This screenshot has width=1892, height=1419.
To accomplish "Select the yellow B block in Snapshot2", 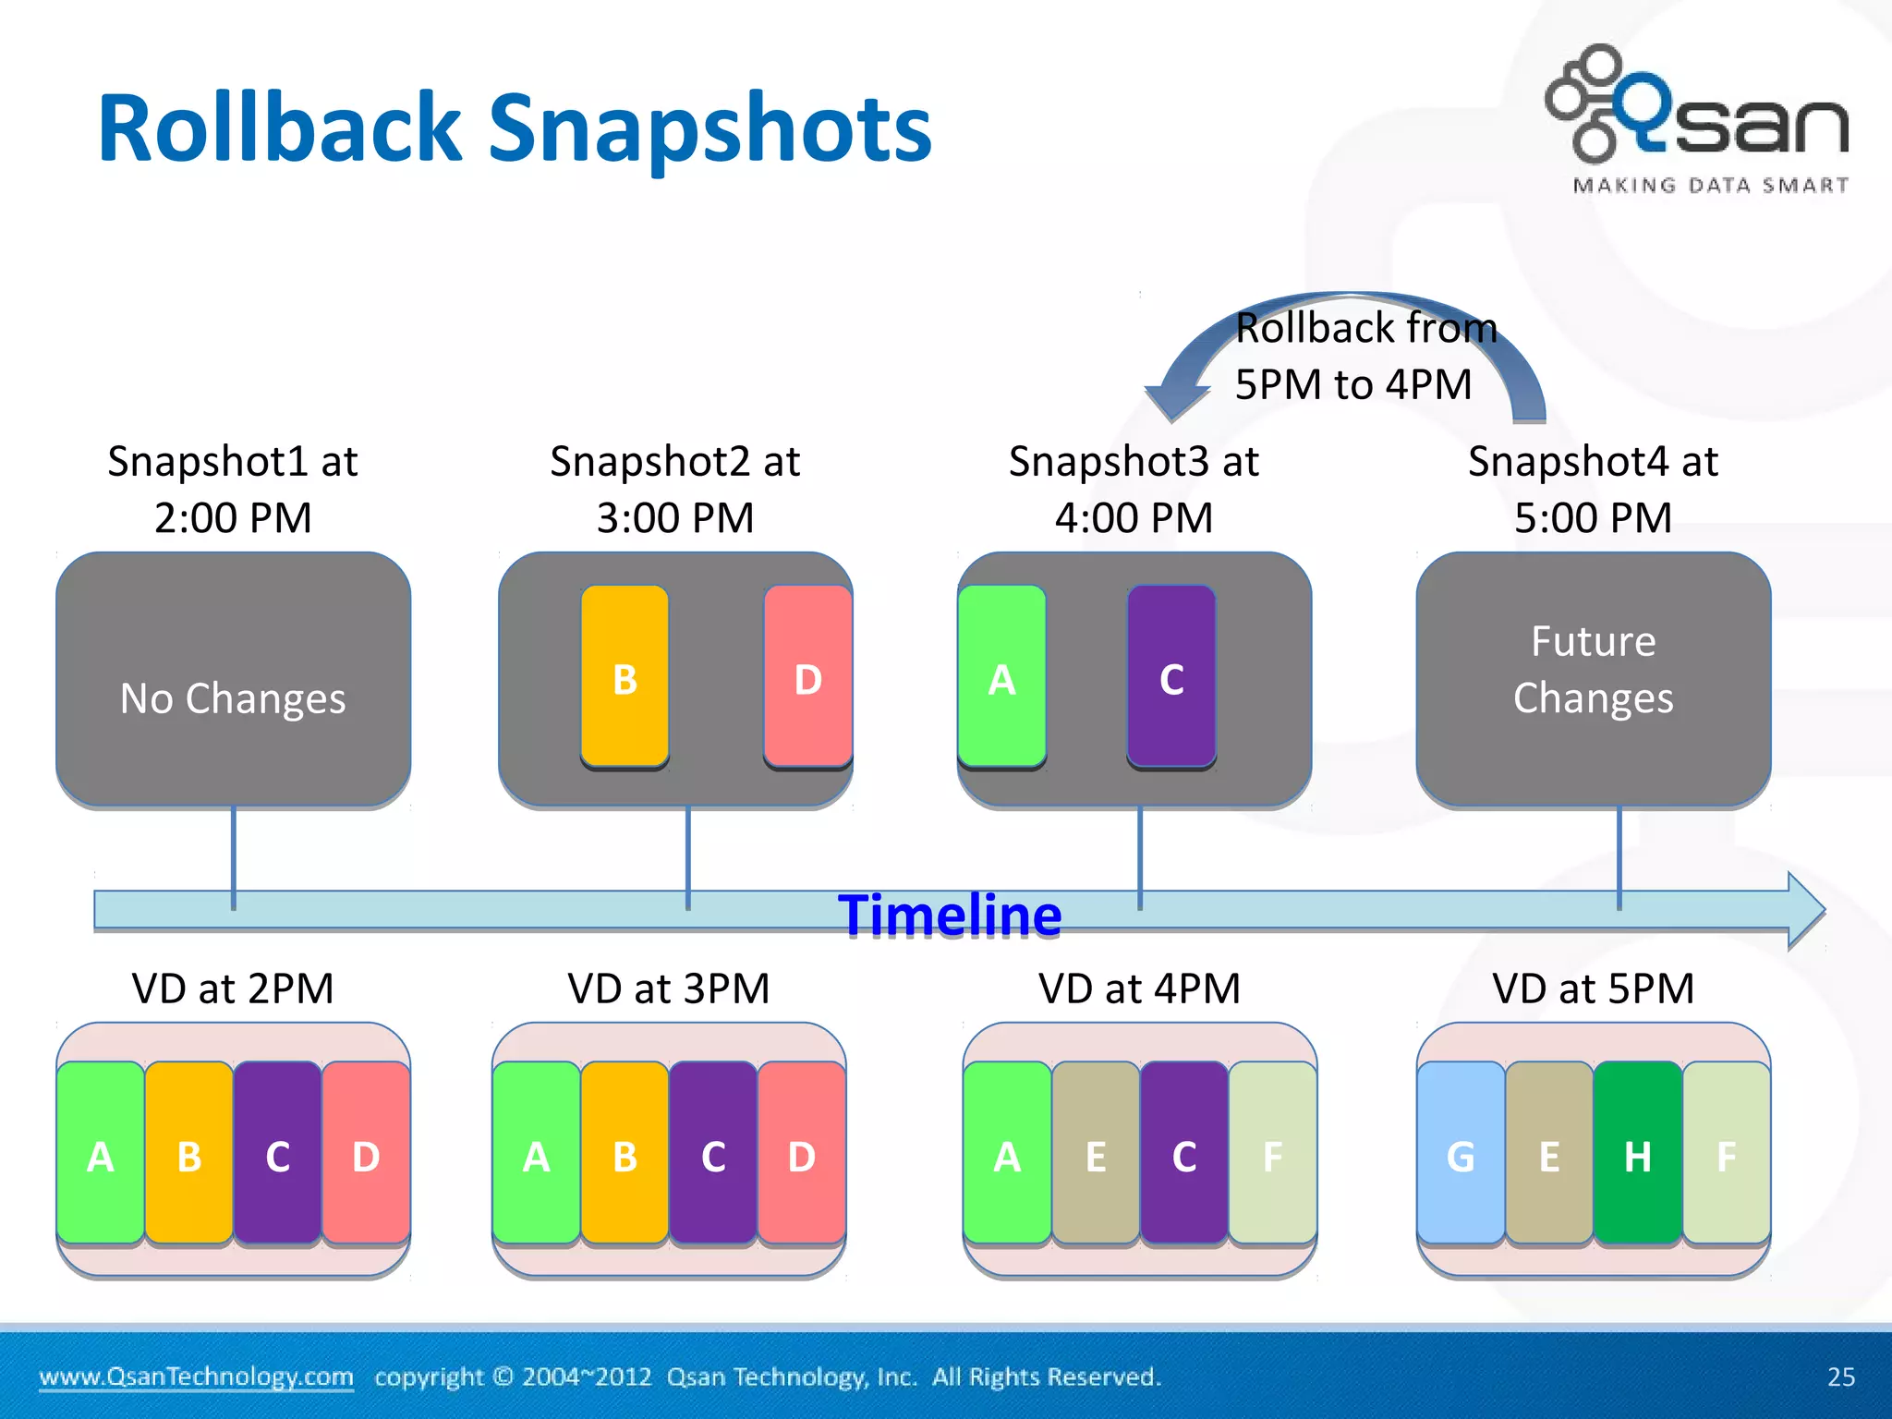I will click(625, 676).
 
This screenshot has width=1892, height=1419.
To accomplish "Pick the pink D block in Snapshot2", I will click(807, 676).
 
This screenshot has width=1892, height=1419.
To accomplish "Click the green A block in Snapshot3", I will click(1002, 676).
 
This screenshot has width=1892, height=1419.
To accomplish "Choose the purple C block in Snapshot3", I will click(1171, 676).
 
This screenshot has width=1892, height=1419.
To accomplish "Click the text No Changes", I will click(233, 698).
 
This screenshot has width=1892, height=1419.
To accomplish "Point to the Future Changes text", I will click(1593, 670).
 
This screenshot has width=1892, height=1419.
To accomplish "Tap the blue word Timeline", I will click(950, 916).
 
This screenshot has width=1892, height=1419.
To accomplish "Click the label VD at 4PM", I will click(1139, 988).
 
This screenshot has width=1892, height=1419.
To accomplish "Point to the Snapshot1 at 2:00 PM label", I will click(233, 489).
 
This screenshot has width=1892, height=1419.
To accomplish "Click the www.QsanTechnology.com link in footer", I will click(196, 1377).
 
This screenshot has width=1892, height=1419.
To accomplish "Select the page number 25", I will click(1840, 1377).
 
